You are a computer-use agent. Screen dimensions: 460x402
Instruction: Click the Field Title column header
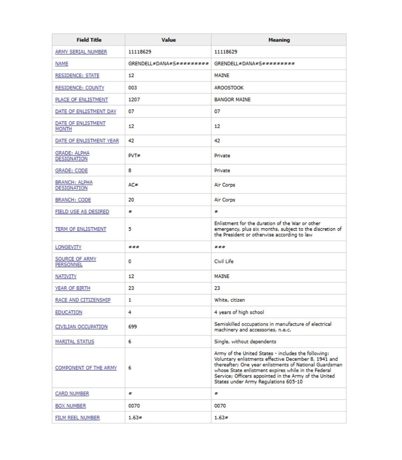click(89, 40)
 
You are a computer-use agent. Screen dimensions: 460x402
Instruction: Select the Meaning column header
click(279, 40)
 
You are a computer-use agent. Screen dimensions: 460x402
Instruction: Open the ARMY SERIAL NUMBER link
click(81, 52)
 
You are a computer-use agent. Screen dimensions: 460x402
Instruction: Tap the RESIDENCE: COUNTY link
click(80, 88)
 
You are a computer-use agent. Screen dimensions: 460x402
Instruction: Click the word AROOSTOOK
click(229, 88)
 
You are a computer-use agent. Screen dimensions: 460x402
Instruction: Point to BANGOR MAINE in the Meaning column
click(232, 100)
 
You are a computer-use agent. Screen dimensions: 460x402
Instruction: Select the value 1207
click(134, 100)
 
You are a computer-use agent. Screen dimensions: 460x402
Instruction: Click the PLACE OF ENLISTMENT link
click(81, 100)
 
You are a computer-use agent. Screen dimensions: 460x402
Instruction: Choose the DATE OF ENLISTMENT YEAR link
click(87, 141)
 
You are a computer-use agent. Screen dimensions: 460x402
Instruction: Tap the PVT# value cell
click(134, 156)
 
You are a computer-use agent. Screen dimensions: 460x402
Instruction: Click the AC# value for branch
click(133, 185)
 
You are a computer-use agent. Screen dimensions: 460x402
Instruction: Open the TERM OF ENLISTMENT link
click(80, 229)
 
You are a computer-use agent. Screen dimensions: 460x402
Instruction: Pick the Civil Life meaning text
click(224, 261)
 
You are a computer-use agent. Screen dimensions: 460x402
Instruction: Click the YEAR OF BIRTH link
click(73, 288)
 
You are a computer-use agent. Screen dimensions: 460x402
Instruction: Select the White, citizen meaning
click(229, 300)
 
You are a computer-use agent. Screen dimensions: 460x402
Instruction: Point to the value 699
click(133, 327)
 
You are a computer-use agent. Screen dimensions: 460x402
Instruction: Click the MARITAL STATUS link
click(75, 342)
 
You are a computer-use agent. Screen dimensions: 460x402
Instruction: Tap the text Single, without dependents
click(245, 342)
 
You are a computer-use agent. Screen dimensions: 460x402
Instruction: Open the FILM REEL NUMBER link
click(77, 418)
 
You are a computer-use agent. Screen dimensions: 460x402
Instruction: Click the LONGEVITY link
click(68, 247)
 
